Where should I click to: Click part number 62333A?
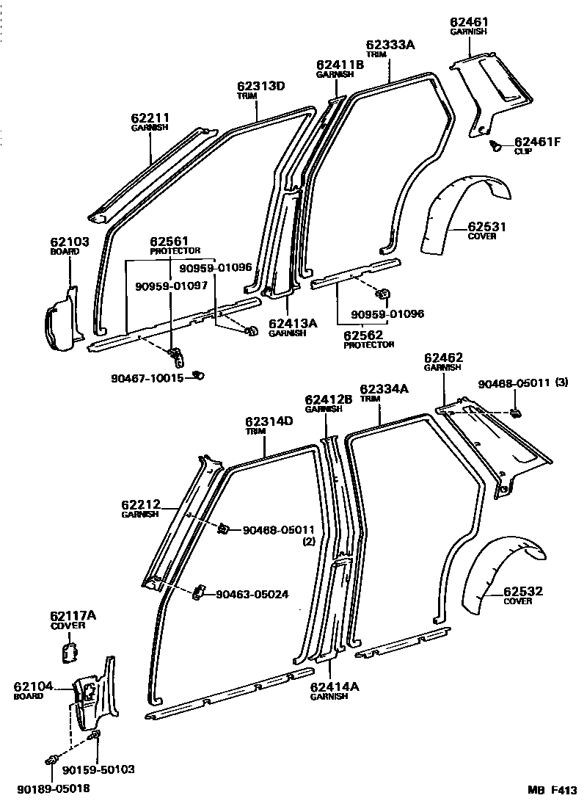(x=391, y=45)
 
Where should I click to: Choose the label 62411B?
(x=340, y=65)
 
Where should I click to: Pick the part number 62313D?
(x=260, y=86)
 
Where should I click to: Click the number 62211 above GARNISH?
(x=150, y=117)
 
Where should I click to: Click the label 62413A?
(x=292, y=322)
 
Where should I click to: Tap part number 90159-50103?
(x=99, y=769)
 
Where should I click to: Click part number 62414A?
(x=335, y=686)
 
